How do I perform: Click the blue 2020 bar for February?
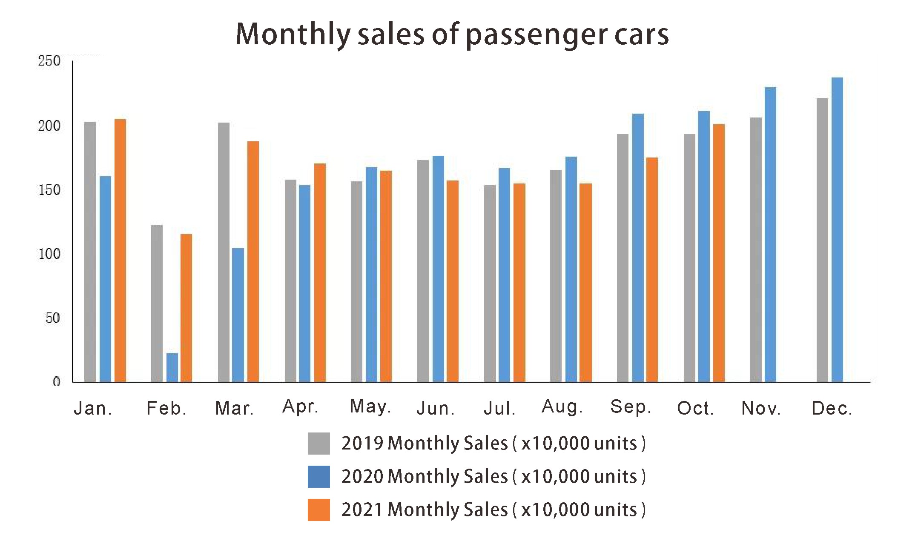(172, 367)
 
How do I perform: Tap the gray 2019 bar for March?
(224, 252)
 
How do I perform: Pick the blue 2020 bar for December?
(837, 229)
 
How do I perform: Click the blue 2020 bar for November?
(770, 235)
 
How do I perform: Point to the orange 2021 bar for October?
(719, 253)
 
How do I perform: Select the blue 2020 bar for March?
(238, 315)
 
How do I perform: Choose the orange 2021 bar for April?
(320, 272)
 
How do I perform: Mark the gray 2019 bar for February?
(157, 303)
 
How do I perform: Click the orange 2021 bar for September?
(652, 269)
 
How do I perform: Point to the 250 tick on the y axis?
(49, 61)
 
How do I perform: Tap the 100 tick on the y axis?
(49, 254)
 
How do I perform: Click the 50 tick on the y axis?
(52, 318)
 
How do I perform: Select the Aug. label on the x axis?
(562, 407)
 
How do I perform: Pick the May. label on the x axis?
(370, 407)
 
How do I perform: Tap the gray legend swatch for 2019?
(318, 444)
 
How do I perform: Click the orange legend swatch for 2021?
(318, 510)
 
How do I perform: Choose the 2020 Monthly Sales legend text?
(493, 476)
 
